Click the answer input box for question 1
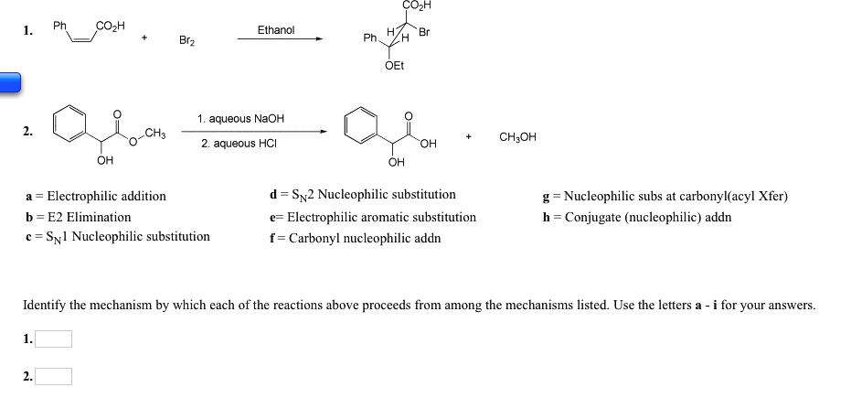(54, 339)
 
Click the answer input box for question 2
(54, 376)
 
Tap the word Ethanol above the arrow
(275, 30)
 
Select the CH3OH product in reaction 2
(518, 137)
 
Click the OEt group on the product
(395, 66)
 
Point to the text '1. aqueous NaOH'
(240, 119)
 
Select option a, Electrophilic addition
(96, 196)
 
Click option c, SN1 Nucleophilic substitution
(118, 237)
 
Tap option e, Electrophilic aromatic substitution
(373, 217)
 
